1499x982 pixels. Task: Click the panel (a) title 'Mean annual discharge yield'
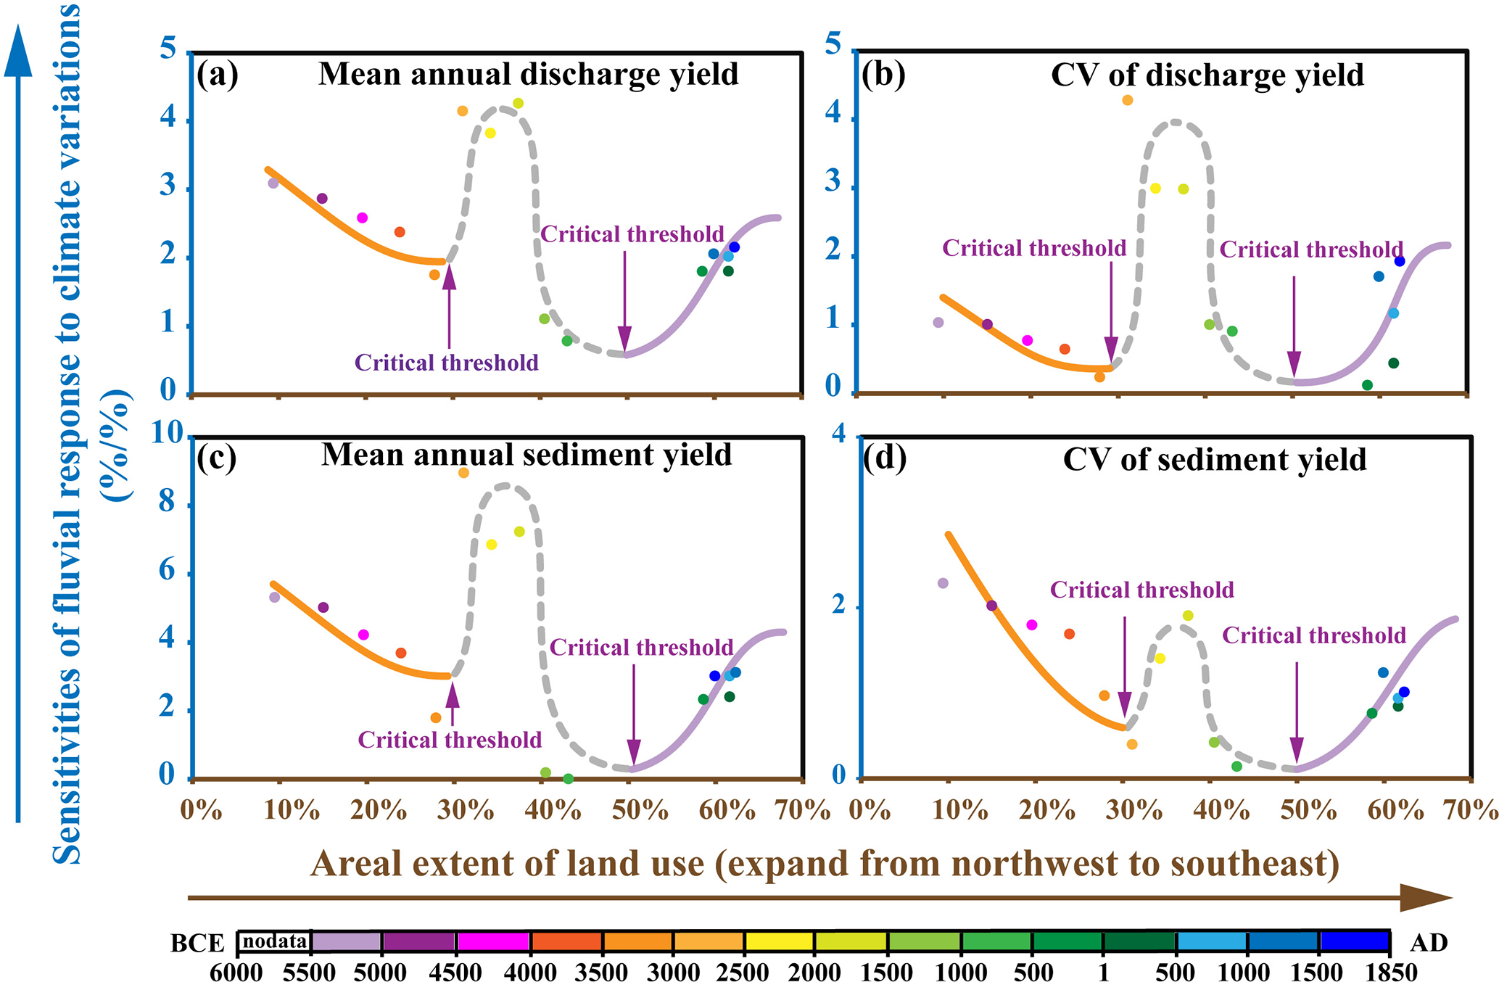(x=528, y=75)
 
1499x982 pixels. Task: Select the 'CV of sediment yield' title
(x=1214, y=460)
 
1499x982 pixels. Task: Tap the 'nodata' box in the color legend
(x=274, y=941)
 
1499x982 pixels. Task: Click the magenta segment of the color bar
(x=493, y=941)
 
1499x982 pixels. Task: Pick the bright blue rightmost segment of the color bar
(x=1354, y=941)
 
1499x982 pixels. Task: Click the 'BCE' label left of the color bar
(x=197, y=943)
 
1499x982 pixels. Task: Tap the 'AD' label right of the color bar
(x=1429, y=942)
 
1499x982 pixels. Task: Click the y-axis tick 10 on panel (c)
(x=168, y=434)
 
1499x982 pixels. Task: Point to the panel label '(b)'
(x=883, y=74)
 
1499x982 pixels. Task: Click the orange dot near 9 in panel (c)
(x=463, y=473)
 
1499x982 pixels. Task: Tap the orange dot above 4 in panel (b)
(x=1127, y=100)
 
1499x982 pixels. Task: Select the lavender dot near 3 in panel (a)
(x=273, y=183)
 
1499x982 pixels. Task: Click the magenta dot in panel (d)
(x=1031, y=625)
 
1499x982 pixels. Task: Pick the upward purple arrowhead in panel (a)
(x=449, y=276)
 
